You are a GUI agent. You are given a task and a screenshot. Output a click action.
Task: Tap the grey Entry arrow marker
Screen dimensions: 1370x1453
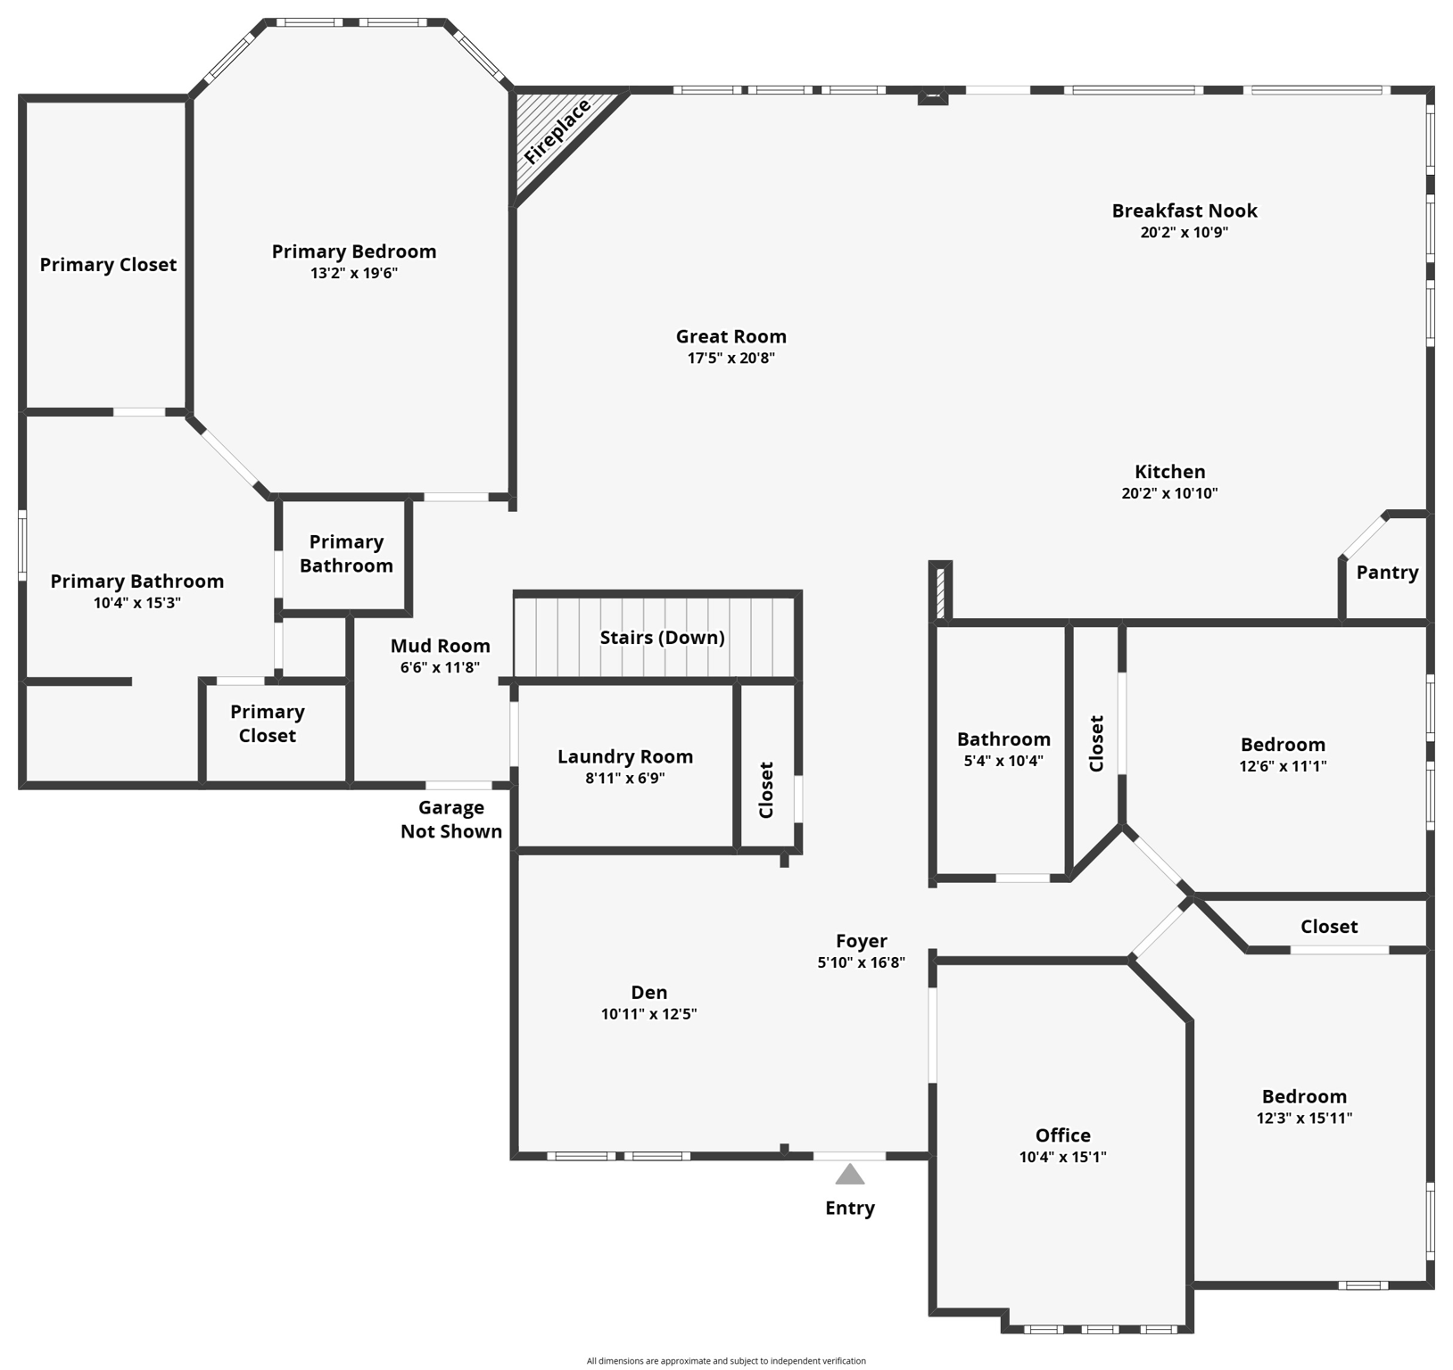pyautogui.click(x=849, y=1175)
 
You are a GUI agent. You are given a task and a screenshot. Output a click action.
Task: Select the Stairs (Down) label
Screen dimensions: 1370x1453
pyautogui.click(x=662, y=637)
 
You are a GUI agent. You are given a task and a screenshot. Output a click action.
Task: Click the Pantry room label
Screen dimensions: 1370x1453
pyautogui.click(x=1387, y=573)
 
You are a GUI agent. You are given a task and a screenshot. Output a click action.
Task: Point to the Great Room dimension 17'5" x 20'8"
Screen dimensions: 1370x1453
pyautogui.click(x=731, y=359)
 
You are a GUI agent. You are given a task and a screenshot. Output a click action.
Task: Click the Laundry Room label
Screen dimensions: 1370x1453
pyautogui.click(x=625, y=756)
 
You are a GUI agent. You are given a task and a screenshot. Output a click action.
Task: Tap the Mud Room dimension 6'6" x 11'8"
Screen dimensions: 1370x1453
pyautogui.click(x=440, y=667)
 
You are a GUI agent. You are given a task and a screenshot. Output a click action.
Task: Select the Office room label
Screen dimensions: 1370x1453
pyautogui.click(x=1062, y=1135)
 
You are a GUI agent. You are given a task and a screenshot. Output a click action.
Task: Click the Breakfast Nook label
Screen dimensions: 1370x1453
pyautogui.click(x=1184, y=210)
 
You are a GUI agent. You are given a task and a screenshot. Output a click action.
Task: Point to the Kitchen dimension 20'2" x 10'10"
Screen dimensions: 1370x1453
pyautogui.click(x=1169, y=493)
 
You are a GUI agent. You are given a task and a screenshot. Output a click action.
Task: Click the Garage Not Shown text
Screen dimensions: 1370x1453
pyautogui.click(x=451, y=819)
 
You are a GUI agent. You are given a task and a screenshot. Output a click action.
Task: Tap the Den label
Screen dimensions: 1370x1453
pyautogui.click(x=648, y=992)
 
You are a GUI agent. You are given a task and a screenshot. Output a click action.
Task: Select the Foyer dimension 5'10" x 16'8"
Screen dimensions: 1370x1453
pyautogui.click(x=861, y=962)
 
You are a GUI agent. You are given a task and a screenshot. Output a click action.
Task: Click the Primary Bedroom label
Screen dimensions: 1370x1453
pyautogui.click(x=354, y=252)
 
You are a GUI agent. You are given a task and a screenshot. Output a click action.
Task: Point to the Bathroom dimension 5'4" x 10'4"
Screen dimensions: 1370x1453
pyautogui.click(x=1003, y=761)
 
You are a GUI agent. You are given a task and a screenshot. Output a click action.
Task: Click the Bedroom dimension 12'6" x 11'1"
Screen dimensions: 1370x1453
pyautogui.click(x=1283, y=766)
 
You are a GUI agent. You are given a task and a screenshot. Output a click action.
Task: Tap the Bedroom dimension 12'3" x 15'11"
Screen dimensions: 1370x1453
pyautogui.click(x=1304, y=1118)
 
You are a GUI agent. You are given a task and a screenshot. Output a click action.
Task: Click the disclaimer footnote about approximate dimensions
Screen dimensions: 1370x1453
pyautogui.click(x=726, y=1361)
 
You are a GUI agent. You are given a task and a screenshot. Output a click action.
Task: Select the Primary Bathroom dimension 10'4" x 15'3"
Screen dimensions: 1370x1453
pyautogui.click(x=137, y=603)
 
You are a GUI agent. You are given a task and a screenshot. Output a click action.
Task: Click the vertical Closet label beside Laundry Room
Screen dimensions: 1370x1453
pyautogui.click(x=766, y=789)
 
